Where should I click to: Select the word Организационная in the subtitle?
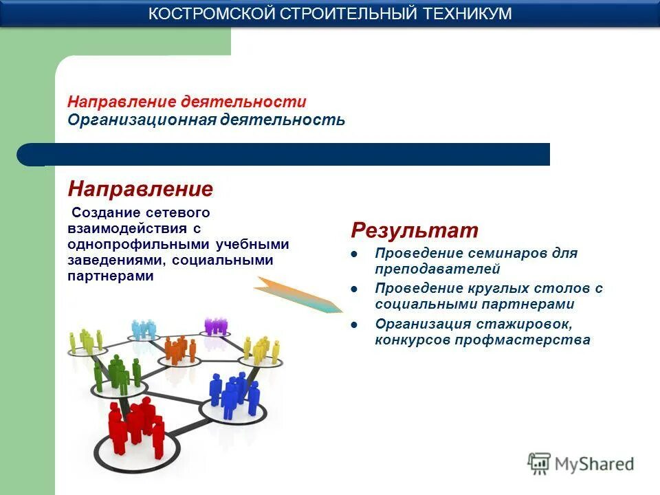142,120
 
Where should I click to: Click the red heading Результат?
415,230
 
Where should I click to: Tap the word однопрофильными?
141,245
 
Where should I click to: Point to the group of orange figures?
179,349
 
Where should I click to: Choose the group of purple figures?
216,325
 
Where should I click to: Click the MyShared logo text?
594,464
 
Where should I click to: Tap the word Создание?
104,213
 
